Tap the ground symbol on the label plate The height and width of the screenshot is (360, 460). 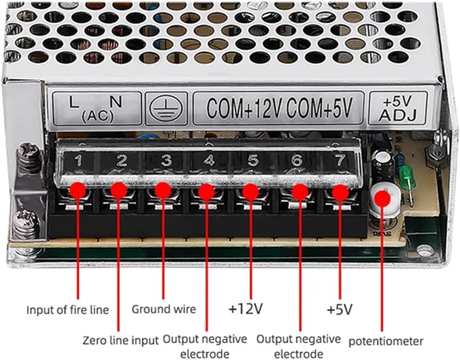(x=166, y=108)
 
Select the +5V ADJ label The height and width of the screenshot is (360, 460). (x=398, y=108)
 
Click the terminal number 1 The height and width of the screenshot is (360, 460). (x=78, y=161)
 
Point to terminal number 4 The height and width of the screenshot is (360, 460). (x=209, y=160)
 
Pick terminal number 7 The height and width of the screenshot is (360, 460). (x=340, y=160)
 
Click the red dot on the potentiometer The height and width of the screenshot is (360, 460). (x=383, y=198)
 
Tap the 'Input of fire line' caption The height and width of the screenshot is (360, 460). (x=68, y=310)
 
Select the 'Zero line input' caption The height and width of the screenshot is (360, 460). (x=121, y=340)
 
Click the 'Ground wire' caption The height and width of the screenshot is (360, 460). (x=164, y=309)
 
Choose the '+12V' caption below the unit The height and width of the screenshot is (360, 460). (x=246, y=308)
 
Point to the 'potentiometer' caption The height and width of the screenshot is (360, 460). (x=386, y=341)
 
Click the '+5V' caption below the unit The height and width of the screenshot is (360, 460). (x=339, y=309)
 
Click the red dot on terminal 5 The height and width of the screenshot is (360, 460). (x=251, y=192)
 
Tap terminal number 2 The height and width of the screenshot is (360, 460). (x=122, y=161)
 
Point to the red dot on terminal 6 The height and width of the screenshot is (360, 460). (x=300, y=192)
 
